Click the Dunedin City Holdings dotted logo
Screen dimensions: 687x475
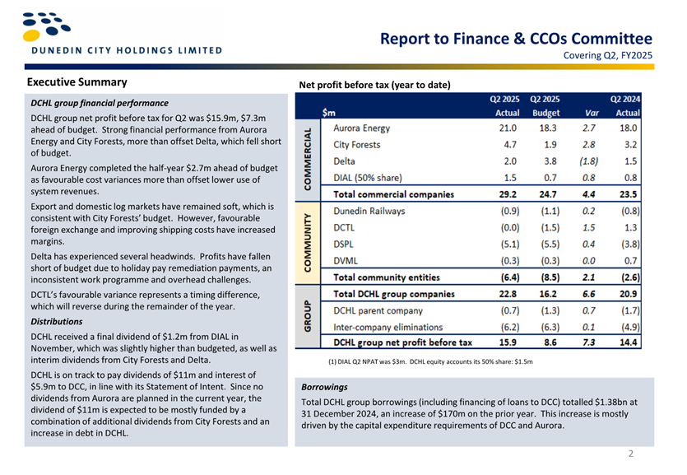coord(46,26)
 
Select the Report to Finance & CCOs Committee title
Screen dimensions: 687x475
coord(516,39)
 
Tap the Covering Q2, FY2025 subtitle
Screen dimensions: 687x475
coord(608,56)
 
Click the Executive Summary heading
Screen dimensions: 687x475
coord(77,82)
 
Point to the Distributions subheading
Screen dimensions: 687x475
coord(57,322)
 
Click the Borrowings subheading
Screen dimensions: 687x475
coord(324,387)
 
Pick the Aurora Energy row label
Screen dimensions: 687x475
coord(361,128)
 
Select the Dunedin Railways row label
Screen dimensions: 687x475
coord(369,212)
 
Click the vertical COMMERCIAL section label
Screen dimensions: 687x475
coord(308,160)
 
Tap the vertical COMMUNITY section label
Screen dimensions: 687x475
coord(308,243)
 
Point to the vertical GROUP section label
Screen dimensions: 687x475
coord(308,316)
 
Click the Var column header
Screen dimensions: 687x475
coord(592,113)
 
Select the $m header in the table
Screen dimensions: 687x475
coord(328,113)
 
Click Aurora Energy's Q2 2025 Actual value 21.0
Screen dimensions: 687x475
coord(508,128)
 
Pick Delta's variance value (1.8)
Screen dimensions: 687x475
coord(588,161)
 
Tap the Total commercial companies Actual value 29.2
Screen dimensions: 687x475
coord(508,194)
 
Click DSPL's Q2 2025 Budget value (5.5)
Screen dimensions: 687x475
coord(550,244)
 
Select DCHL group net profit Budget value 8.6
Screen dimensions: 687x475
coord(550,342)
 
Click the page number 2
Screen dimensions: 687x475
coord(631,454)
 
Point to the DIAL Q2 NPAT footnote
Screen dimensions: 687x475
coord(430,362)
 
